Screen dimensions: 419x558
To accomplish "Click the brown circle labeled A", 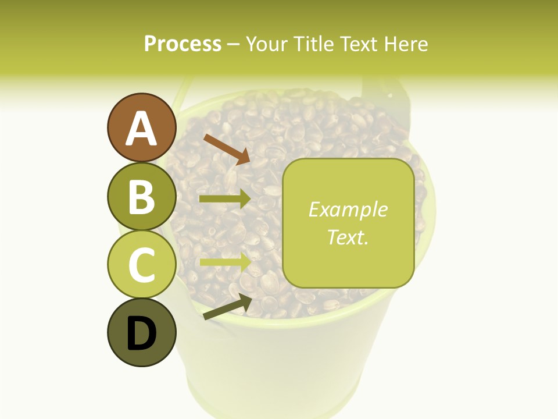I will (x=141, y=128).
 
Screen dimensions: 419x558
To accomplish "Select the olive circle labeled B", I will (x=141, y=197).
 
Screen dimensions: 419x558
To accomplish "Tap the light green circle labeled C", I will (x=141, y=265).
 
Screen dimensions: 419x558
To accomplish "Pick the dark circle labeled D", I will (x=141, y=333).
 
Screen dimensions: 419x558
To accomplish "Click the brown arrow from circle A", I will (x=227, y=150).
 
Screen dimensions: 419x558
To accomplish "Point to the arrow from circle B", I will (x=225, y=199).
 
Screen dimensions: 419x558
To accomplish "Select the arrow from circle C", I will (x=225, y=261).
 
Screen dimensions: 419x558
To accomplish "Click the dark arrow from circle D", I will (x=227, y=307).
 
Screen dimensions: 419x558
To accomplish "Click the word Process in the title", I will (x=183, y=44).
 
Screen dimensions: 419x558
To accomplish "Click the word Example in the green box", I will (x=348, y=210).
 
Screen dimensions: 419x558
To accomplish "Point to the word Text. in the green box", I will (x=348, y=237).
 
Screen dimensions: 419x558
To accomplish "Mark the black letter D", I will (x=141, y=333).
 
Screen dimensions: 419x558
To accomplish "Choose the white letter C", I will (x=141, y=265).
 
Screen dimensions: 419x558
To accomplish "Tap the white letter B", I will (x=141, y=197).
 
